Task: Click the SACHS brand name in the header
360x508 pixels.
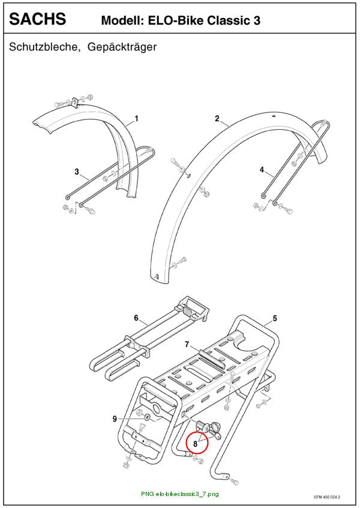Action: click(x=38, y=19)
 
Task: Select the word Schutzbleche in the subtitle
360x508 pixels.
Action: click(x=44, y=47)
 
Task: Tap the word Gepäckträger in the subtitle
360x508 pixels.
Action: click(x=122, y=47)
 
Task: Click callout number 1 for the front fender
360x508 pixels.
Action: click(x=137, y=118)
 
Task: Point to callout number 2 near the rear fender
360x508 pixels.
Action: click(x=217, y=118)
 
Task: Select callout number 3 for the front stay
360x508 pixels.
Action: click(x=77, y=171)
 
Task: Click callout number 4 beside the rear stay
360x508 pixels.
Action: click(x=262, y=169)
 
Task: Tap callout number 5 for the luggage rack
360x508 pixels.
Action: click(x=275, y=318)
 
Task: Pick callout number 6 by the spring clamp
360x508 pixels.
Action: click(x=136, y=318)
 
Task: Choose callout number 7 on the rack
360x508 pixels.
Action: click(x=187, y=344)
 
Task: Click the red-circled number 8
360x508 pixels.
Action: click(x=195, y=444)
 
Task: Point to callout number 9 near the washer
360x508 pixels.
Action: click(x=115, y=419)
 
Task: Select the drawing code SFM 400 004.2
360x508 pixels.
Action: click(x=327, y=497)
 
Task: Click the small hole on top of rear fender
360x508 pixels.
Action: click(x=274, y=116)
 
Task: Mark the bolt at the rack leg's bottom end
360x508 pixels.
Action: click(x=235, y=481)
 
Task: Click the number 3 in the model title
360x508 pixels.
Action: click(x=256, y=20)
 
